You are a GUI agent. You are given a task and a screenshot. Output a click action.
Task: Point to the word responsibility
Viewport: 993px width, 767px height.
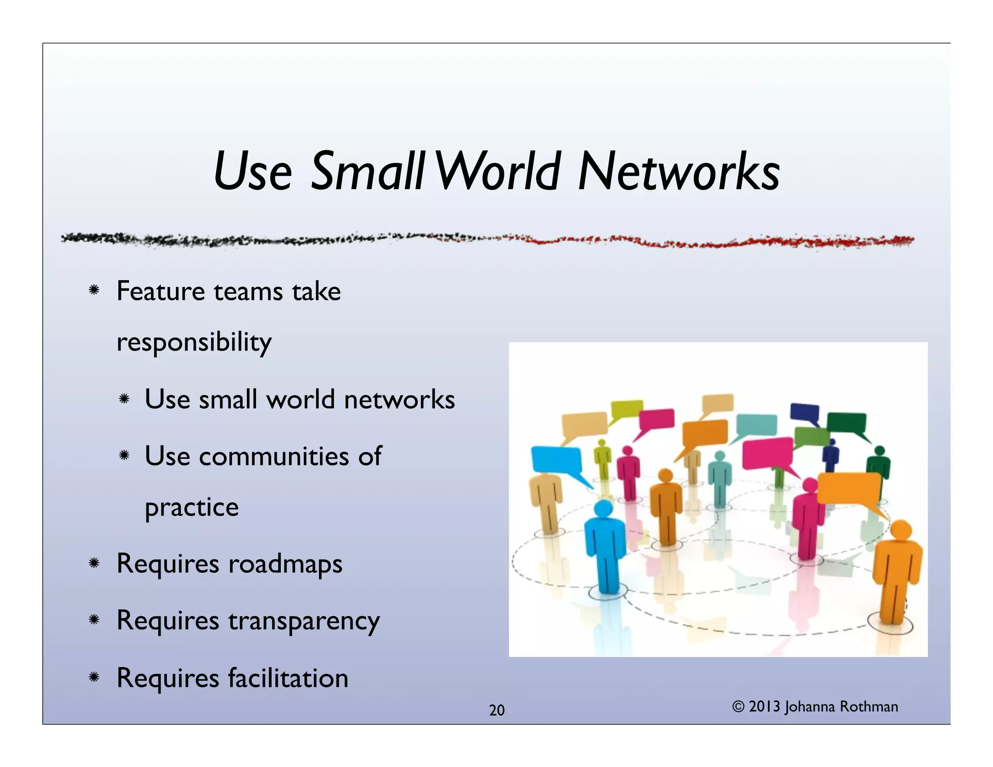[194, 342]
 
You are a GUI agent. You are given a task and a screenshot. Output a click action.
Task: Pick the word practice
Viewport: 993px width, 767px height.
[192, 508]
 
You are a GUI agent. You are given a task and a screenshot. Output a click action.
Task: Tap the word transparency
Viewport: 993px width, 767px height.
[304, 621]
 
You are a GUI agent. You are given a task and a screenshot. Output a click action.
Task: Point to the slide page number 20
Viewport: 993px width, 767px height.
[496, 710]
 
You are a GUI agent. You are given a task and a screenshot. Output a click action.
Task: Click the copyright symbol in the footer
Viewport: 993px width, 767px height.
[738, 706]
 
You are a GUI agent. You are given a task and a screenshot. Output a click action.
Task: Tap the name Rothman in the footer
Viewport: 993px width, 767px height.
[869, 706]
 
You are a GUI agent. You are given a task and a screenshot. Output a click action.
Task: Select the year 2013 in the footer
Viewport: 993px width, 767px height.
[765, 706]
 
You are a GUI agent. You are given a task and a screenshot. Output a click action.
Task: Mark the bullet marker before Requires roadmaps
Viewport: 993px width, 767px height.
[94, 563]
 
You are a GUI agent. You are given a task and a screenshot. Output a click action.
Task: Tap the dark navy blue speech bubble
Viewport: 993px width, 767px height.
[804, 413]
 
